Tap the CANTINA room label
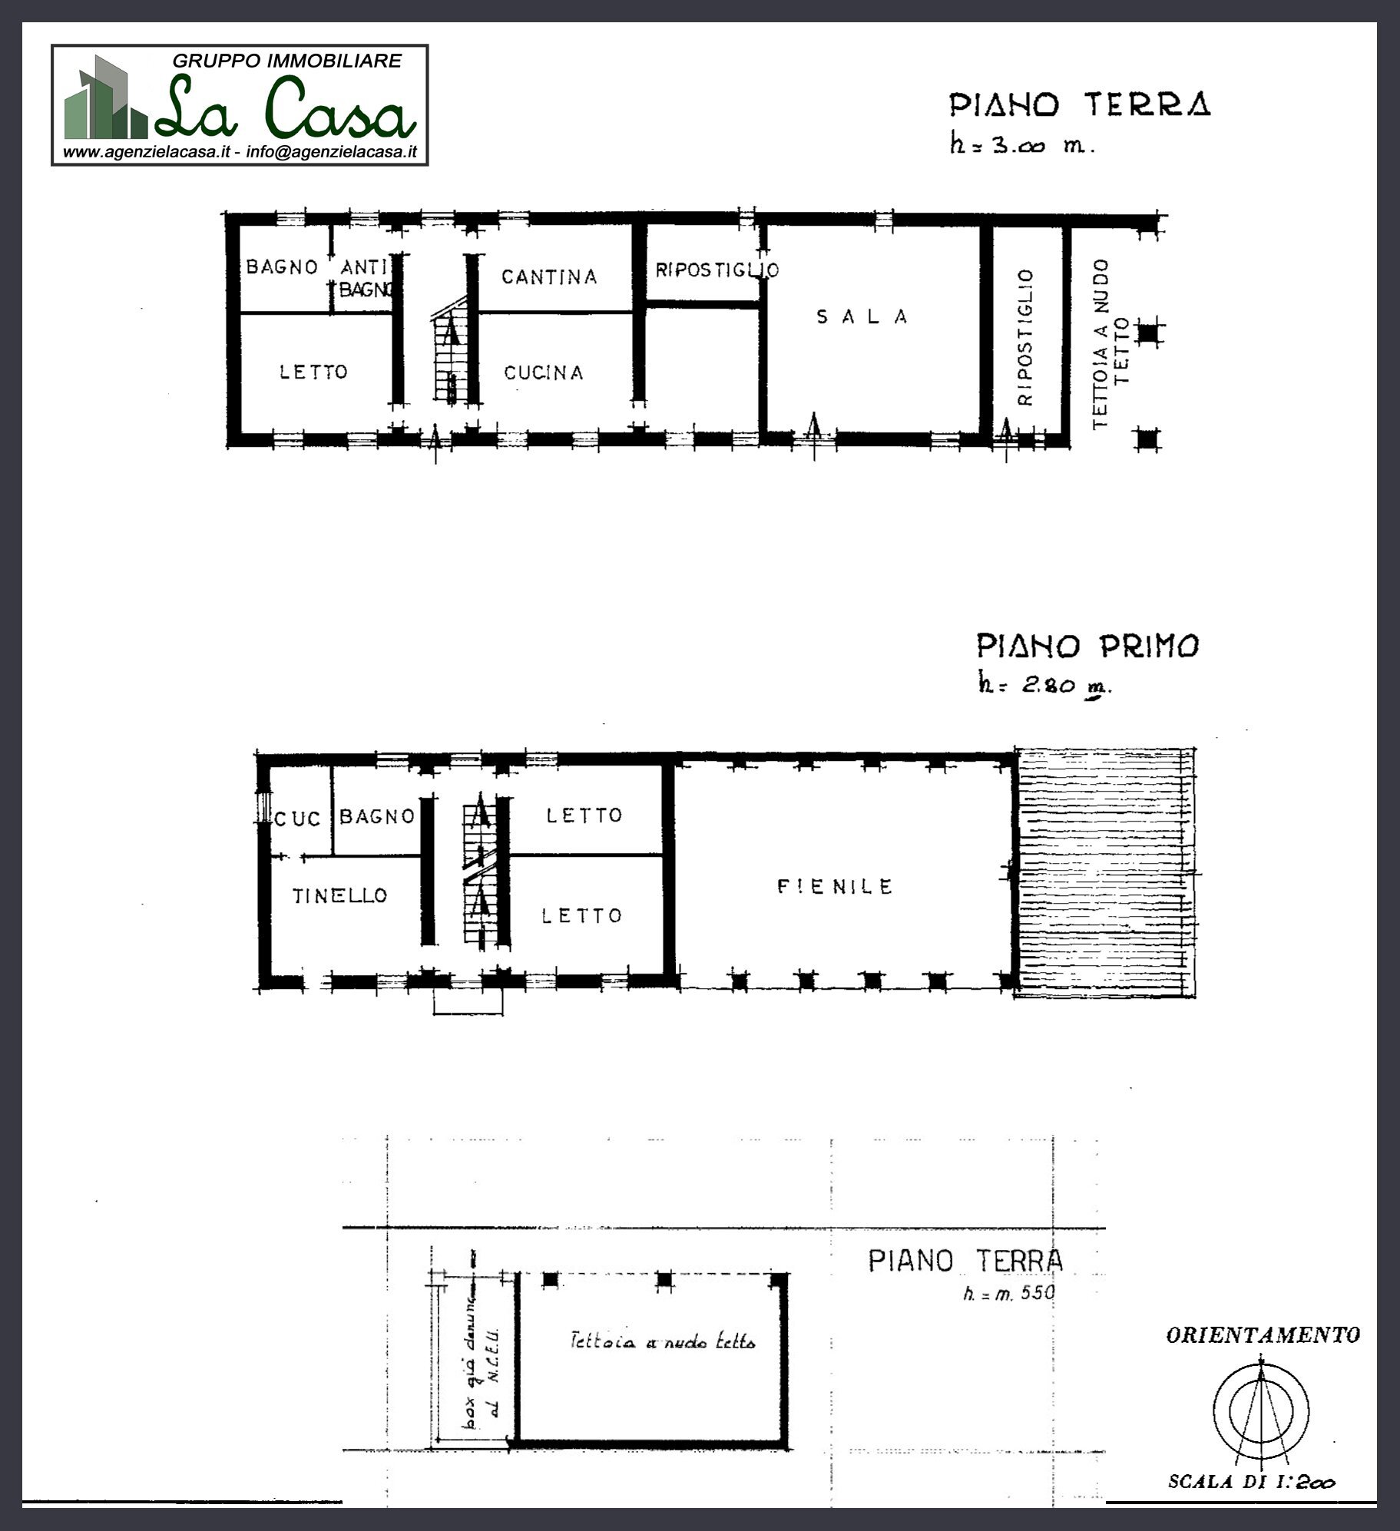(549, 277)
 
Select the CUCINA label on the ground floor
(544, 373)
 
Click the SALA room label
(862, 317)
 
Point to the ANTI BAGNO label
(364, 279)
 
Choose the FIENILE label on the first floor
(835, 887)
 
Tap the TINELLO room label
(340, 895)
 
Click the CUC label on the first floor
(297, 820)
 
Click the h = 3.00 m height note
(1021, 145)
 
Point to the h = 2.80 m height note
(1042, 685)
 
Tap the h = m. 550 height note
(1009, 1293)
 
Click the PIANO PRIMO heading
(1087, 646)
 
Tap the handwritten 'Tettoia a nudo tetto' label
(663, 1343)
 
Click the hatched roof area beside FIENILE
(1104, 873)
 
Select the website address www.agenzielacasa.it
(147, 152)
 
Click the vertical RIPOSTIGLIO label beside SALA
(1026, 337)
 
